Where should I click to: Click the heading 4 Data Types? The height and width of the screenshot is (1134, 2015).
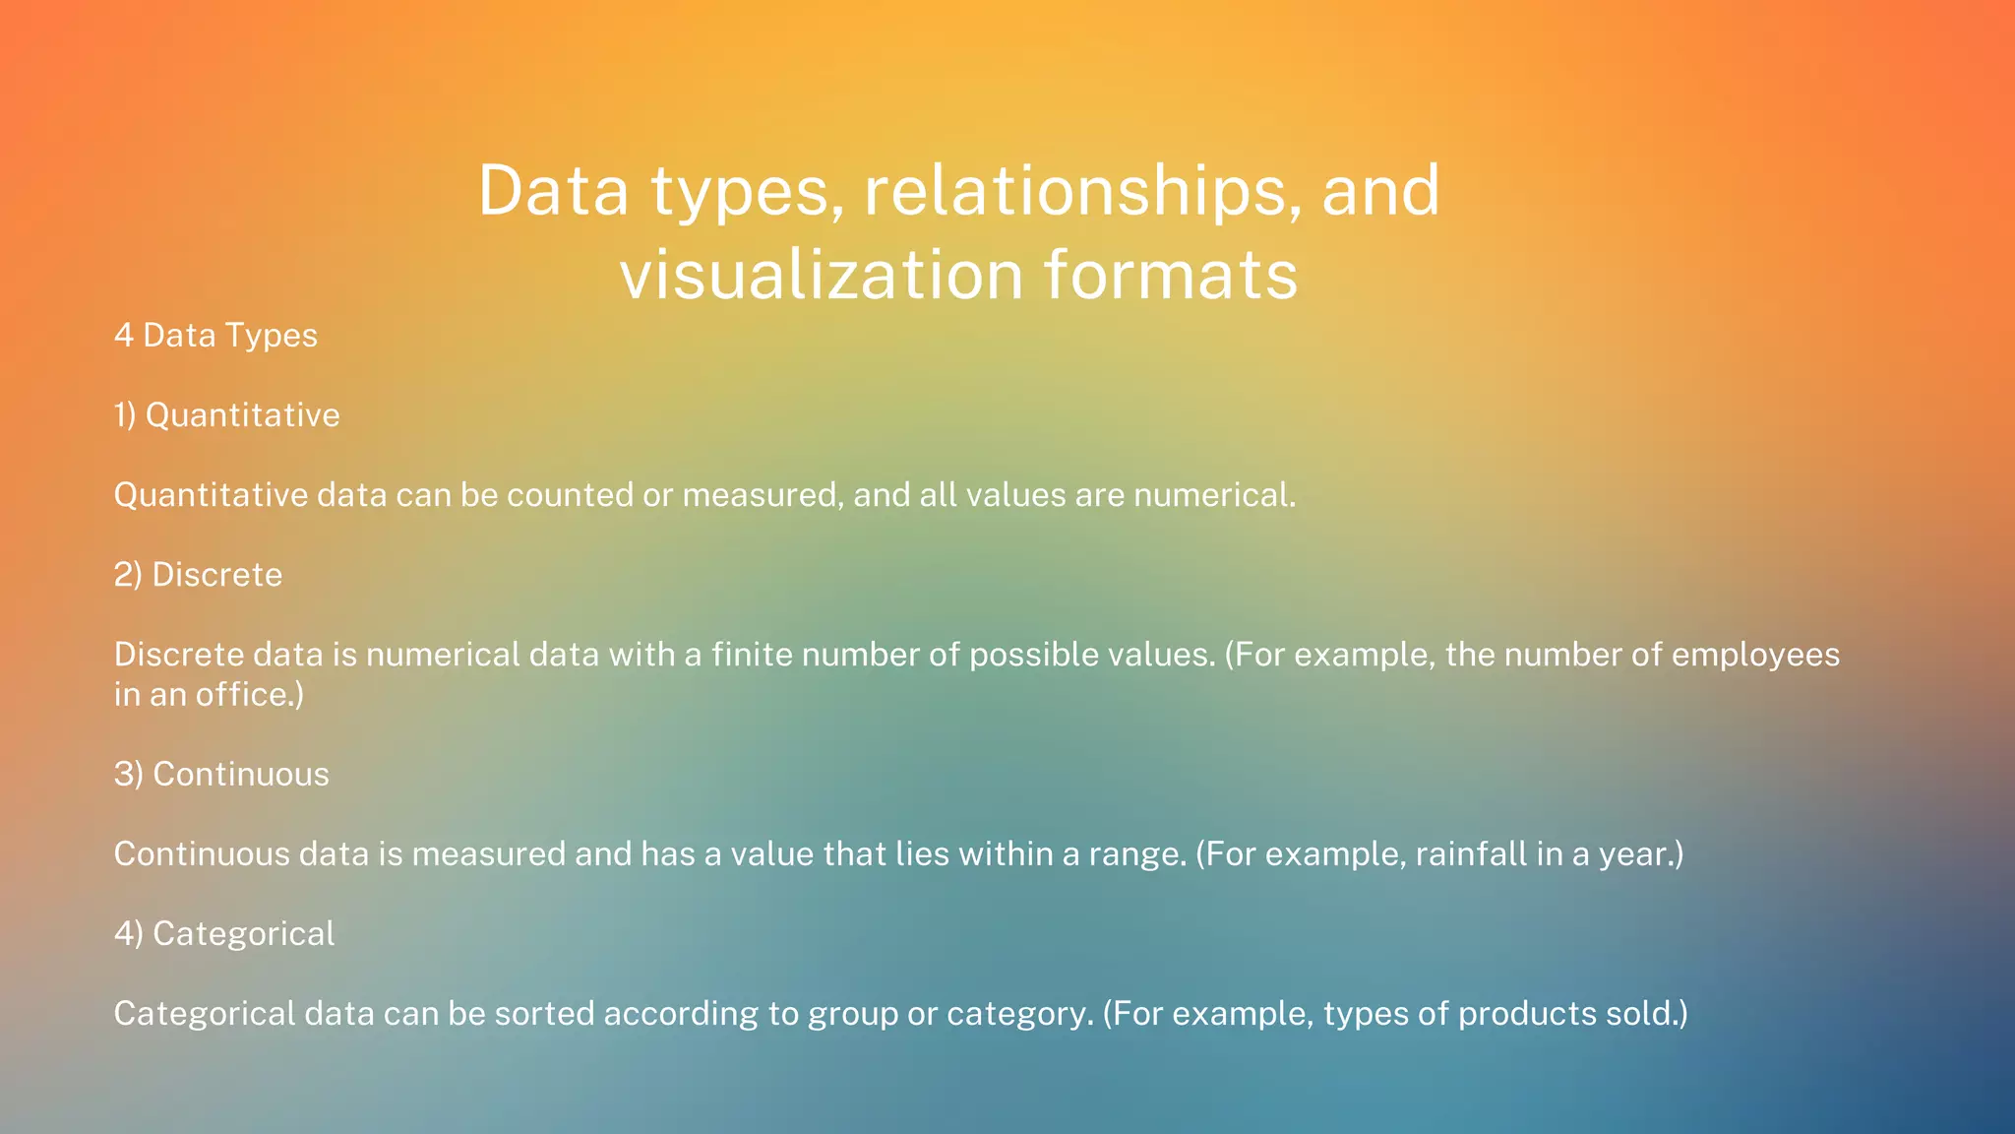pyautogui.click(x=215, y=336)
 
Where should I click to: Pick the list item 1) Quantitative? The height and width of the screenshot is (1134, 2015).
pyautogui.click(x=226, y=415)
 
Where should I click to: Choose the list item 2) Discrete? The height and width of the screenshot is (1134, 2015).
pyautogui.click(x=198, y=575)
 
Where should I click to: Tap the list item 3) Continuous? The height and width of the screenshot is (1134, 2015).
pyautogui.click(x=221, y=775)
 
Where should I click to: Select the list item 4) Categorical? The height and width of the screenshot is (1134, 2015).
pyautogui.click(x=224, y=934)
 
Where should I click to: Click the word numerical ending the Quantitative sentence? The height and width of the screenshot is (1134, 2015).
pyautogui.click(x=1213, y=495)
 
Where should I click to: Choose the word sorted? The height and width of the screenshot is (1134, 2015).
pyautogui.click(x=544, y=1014)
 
